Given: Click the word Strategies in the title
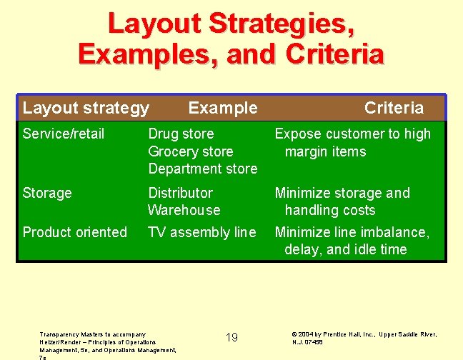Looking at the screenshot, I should point(281,24).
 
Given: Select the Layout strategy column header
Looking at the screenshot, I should point(86,108).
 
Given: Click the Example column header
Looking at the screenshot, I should point(222,108).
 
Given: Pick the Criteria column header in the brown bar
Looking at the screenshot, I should point(394,108).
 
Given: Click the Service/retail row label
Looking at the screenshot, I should point(64,134).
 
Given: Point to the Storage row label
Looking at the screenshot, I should point(47,193).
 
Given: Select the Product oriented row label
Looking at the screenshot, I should point(75,232).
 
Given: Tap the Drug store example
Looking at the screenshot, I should point(181,134).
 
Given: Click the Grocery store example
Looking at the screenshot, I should point(191,151).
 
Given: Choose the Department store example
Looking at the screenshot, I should point(202,169).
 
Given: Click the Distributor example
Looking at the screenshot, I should point(180,193).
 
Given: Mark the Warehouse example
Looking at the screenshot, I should point(184,210).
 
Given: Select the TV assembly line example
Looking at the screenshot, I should point(201,232).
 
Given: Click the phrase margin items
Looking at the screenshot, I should point(325,151).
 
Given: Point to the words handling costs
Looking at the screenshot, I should point(329,210).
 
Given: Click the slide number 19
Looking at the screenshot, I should point(231,337).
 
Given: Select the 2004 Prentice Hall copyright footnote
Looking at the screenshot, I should point(364,338).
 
